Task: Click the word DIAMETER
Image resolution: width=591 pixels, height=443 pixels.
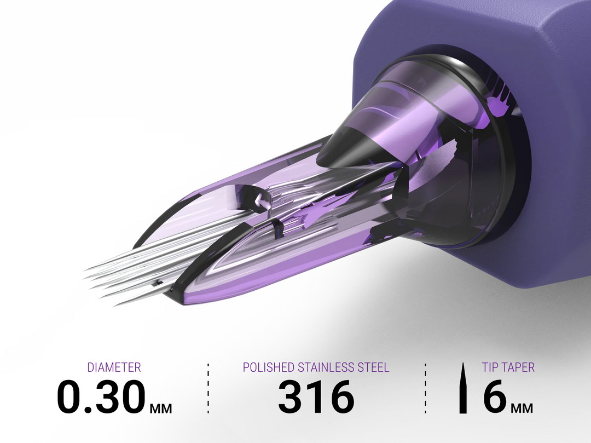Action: pos(114,367)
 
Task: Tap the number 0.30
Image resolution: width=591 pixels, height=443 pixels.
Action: pos(101,396)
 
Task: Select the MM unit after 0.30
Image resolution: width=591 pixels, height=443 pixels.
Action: pos(161,409)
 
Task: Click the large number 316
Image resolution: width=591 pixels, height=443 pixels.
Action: pos(316,396)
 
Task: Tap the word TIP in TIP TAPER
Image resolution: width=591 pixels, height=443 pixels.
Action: pos(489,367)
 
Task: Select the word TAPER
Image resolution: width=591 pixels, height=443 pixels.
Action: pos(517,367)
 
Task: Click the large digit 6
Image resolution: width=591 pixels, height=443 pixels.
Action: pos(495,396)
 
